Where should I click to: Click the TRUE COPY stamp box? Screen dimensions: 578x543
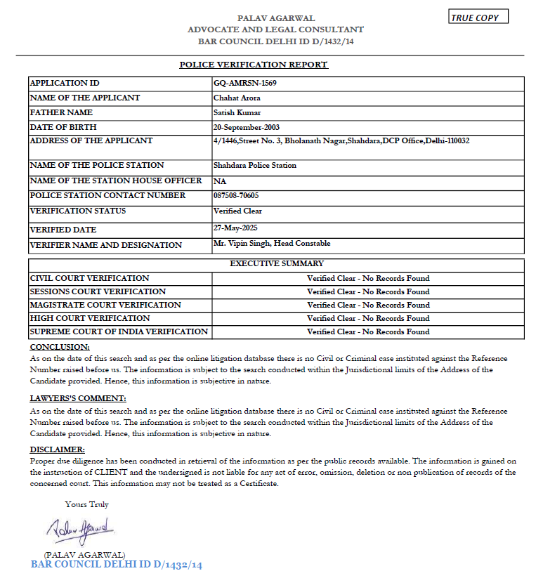coord(478,17)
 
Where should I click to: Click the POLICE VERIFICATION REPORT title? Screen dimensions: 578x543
coord(254,65)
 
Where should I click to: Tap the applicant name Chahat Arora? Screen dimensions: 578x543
coord(237,98)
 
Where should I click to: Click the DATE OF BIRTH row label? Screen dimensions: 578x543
coord(63,127)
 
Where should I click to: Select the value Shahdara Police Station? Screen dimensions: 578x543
coord(255,165)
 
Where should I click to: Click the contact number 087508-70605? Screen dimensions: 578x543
coord(236,195)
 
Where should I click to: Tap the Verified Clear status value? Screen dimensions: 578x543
coord(237,211)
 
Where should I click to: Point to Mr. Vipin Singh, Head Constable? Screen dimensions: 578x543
coord(272,243)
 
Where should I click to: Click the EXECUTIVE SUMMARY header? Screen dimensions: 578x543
coord(277,264)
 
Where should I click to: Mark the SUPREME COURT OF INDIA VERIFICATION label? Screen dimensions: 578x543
coord(119,331)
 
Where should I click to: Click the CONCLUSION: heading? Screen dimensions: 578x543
coord(60,347)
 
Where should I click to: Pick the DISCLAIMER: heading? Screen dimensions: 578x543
coord(57,449)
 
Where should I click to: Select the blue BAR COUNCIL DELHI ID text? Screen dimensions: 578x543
coord(117,565)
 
